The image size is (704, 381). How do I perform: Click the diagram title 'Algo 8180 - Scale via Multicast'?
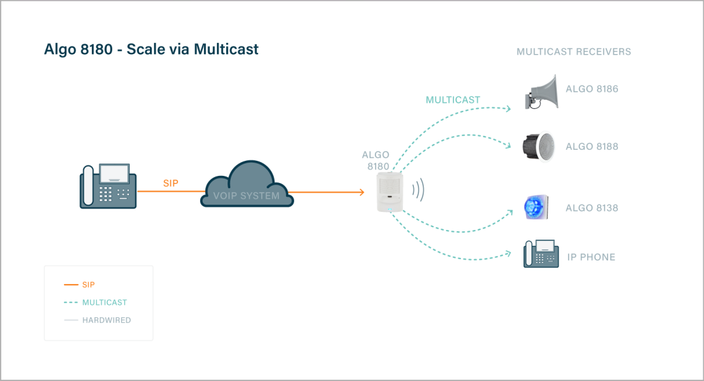click(x=151, y=49)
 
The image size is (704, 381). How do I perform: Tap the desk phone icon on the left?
click(x=108, y=186)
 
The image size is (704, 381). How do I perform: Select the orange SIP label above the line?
click(x=171, y=184)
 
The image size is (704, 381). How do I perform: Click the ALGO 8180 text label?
click(x=376, y=160)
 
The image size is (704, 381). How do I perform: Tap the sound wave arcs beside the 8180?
click(x=418, y=190)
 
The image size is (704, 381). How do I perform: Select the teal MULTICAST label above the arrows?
click(x=452, y=100)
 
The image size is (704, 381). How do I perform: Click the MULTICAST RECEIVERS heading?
click(x=574, y=51)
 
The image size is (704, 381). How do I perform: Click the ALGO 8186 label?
click(x=591, y=89)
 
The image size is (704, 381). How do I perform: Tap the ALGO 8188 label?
click(x=591, y=147)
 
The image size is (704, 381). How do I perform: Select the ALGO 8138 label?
click(x=591, y=208)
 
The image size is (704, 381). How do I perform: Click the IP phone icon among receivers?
click(x=541, y=254)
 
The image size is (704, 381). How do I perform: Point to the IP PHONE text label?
click(x=591, y=257)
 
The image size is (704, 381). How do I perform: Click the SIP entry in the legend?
click(x=88, y=285)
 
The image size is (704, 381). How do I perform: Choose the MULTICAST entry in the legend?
click(x=104, y=303)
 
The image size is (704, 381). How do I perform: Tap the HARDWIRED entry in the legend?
click(x=106, y=320)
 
